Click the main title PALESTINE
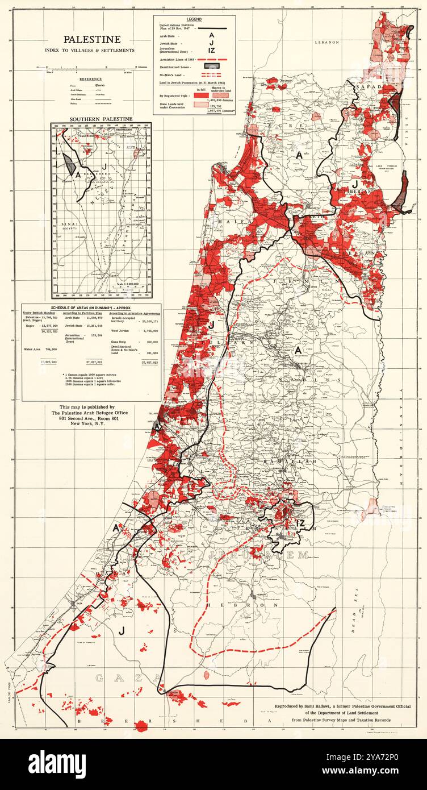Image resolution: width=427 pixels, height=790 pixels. [91, 39]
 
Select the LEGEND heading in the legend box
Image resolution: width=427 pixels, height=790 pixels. [194, 19]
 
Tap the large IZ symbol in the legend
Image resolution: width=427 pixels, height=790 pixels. [211, 51]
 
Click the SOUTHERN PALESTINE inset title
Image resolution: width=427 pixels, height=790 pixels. [101, 119]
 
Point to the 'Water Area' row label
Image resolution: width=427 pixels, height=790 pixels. [34, 348]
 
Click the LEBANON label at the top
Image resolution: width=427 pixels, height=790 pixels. [328, 42]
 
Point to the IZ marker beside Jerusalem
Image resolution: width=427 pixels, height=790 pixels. [301, 523]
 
